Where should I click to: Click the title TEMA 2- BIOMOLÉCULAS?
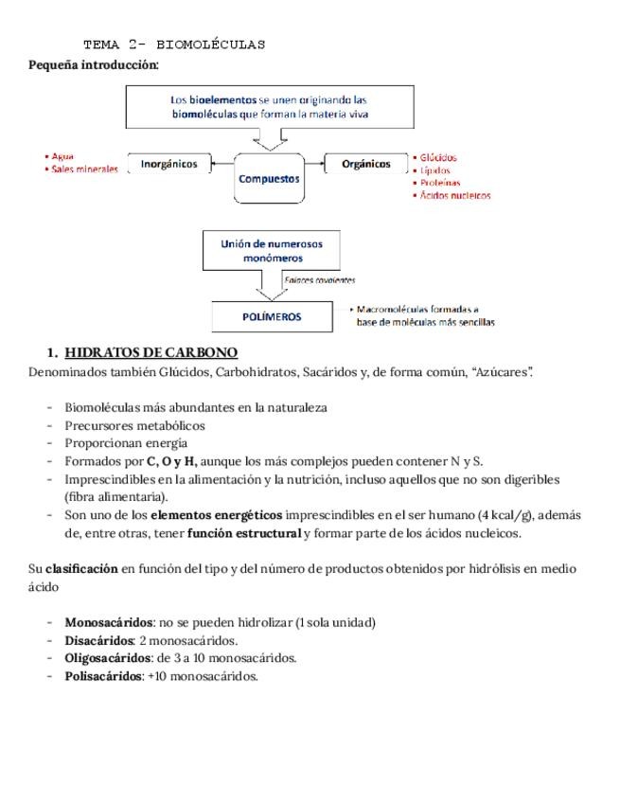[x=174, y=45]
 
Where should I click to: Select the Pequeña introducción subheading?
[x=94, y=64]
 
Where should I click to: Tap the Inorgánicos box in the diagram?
[x=168, y=164]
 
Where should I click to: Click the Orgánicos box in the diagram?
[x=365, y=164]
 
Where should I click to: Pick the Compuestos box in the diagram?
[x=269, y=178]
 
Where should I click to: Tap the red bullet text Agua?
[x=62, y=156]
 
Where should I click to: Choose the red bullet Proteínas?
[x=440, y=183]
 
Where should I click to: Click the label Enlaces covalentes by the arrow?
[x=320, y=280]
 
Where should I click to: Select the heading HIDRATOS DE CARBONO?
[x=151, y=352]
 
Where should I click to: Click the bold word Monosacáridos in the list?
[x=109, y=622]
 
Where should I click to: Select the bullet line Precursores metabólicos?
[x=134, y=425]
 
